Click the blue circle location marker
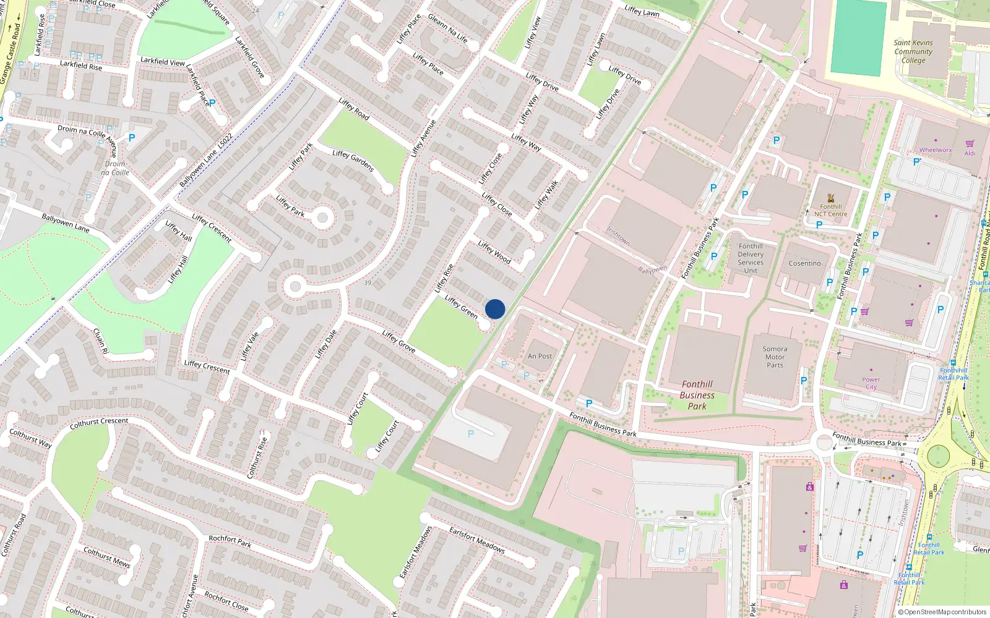(495, 309)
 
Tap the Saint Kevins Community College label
(913, 52)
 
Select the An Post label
(540, 356)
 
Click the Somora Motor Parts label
(775, 357)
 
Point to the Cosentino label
(804, 263)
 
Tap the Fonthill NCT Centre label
(830, 211)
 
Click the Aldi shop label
(970, 153)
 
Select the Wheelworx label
(935, 150)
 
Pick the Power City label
(871, 383)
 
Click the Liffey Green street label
(461, 307)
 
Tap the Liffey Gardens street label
(353, 161)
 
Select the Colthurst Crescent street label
(99, 423)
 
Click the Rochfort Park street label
(230, 541)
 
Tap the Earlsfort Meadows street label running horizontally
(476, 540)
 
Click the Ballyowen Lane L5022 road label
(206, 160)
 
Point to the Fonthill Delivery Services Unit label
(751, 258)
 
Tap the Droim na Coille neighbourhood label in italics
(115, 168)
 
